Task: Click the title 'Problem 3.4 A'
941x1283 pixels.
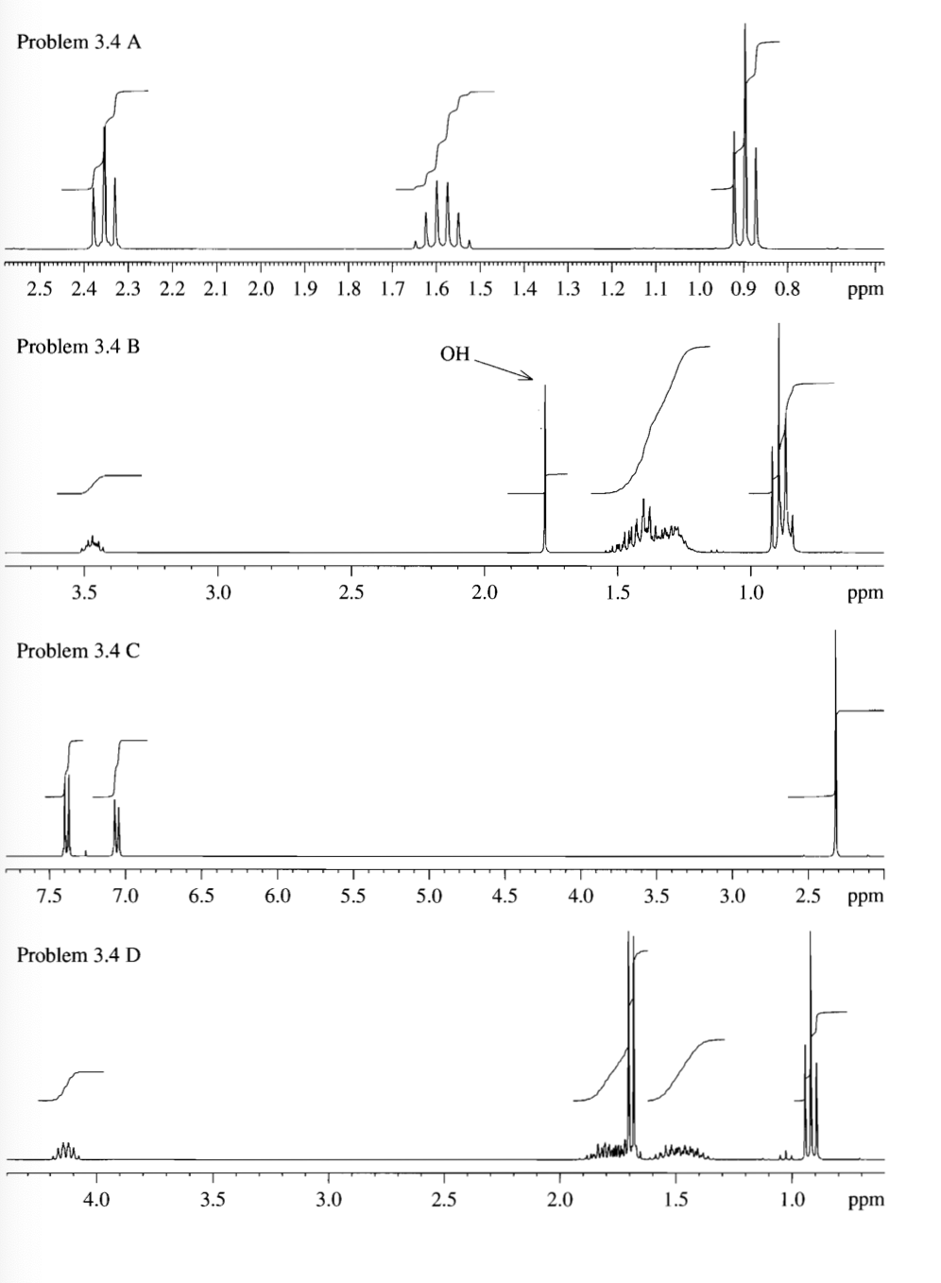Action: click(x=79, y=43)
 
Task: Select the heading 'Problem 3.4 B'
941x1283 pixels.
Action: click(x=78, y=347)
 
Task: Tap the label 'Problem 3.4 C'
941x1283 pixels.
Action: click(x=78, y=651)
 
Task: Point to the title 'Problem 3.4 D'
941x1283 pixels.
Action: click(x=78, y=955)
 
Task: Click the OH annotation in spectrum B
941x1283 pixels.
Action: click(x=454, y=354)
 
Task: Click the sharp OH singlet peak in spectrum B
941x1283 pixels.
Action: click(x=545, y=472)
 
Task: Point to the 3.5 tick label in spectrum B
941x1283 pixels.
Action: click(x=84, y=593)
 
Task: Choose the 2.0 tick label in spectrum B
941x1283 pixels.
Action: click(x=484, y=593)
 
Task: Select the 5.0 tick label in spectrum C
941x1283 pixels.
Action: click(x=429, y=896)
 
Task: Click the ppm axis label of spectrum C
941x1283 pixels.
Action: click(x=865, y=897)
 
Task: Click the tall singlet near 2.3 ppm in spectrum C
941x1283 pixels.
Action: click(x=836, y=756)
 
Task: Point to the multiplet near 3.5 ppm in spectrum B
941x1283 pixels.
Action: click(x=93, y=543)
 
